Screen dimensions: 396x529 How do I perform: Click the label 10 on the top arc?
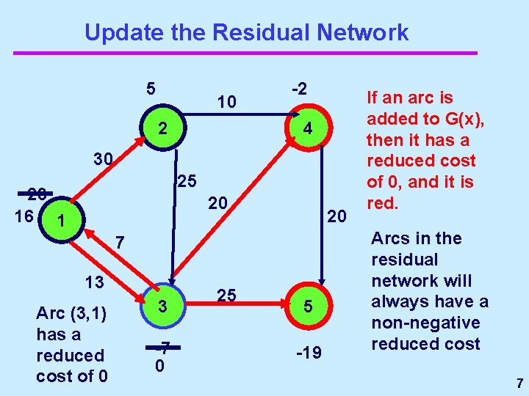click(x=227, y=102)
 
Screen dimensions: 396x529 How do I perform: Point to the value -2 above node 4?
click(x=298, y=89)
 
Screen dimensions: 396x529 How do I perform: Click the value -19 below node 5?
click(x=308, y=353)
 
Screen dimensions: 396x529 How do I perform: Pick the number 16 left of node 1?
click(x=23, y=217)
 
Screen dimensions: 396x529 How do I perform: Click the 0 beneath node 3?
click(x=159, y=364)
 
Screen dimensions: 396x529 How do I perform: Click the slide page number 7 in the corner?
click(x=519, y=383)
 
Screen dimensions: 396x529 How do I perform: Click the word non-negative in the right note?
click(x=425, y=323)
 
